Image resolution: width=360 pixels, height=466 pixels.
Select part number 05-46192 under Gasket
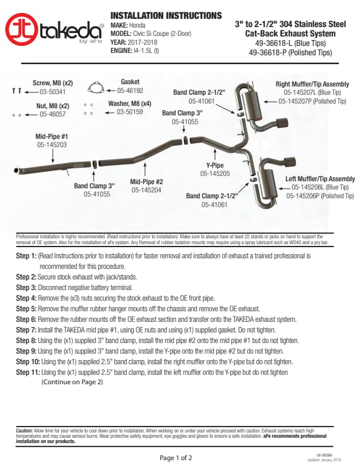click(x=130, y=91)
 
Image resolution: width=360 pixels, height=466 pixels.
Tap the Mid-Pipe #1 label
click(x=52, y=136)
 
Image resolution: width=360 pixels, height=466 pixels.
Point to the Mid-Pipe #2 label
click(x=146, y=182)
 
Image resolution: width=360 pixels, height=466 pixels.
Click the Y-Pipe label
click(x=214, y=165)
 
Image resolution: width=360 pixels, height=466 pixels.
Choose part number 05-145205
click(x=215, y=174)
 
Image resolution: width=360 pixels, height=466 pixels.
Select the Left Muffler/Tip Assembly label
click(x=320, y=179)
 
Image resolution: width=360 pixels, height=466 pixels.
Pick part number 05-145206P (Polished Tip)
click(x=320, y=196)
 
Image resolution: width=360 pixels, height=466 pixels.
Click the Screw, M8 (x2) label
click(x=52, y=83)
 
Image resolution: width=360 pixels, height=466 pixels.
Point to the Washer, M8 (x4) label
click(x=129, y=103)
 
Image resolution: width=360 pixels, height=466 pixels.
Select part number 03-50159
click(x=134, y=111)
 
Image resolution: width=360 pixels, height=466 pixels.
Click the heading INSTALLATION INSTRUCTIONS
click(x=166, y=15)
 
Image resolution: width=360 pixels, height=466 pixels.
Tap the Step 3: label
click(x=26, y=287)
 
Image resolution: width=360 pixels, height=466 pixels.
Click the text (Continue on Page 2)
click(x=72, y=382)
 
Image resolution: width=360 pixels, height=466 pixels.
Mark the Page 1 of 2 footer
click(x=176, y=457)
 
